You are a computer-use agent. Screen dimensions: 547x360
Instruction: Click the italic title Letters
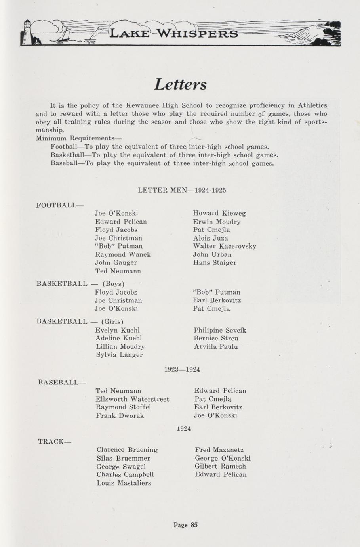pyautogui.click(x=180, y=84)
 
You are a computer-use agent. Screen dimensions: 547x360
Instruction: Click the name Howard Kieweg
pyautogui.click(x=219, y=213)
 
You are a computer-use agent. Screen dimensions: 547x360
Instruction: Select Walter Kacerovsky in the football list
pyautogui.click(x=225, y=246)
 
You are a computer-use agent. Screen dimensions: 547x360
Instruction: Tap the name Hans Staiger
pyautogui.click(x=215, y=262)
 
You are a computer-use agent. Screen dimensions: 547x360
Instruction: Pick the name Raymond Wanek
pyautogui.click(x=123, y=254)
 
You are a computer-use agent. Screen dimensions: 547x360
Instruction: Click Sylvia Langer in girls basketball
pyautogui.click(x=119, y=355)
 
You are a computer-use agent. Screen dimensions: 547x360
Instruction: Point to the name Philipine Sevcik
pyautogui.click(x=220, y=330)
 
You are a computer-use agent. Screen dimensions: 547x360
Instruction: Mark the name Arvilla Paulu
pyautogui.click(x=216, y=346)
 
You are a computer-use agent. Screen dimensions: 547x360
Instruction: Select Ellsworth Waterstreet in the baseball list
pyautogui.click(x=132, y=399)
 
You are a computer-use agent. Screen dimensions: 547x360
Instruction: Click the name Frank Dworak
pyautogui.click(x=120, y=415)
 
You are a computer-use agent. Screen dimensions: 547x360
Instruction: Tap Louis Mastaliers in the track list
pyautogui.click(x=124, y=483)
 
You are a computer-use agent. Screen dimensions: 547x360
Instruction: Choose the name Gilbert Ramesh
pyautogui.click(x=220, y=466)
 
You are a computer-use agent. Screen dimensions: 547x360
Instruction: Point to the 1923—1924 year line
pyautogui.click(x=182, y=369)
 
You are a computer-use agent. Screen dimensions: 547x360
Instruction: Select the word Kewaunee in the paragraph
pyautogui.click(x=142, y=105)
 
